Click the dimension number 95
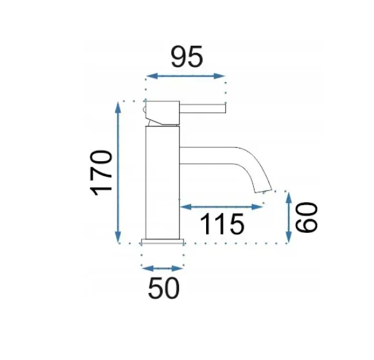click(187, 57)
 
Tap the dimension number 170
click(101, 173)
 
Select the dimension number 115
click(222, 224)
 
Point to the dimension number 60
click(306, 217)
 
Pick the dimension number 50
click(163, 288)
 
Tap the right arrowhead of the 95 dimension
click(220, 76)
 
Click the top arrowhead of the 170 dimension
click(118, 108)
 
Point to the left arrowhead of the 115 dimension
click(186, 207)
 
